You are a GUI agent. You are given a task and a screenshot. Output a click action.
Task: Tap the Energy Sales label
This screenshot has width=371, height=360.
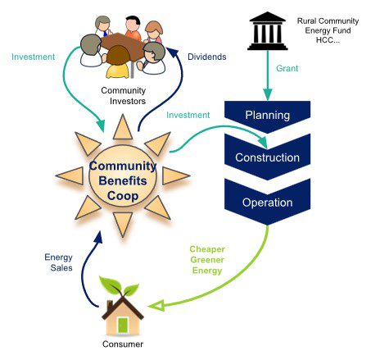click(x=58, y=263)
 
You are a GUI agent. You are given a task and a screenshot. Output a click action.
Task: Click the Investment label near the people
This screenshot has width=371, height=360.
click(x=34, y=57)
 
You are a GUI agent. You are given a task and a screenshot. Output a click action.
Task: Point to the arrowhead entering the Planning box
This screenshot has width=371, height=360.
click(x=269, y=95)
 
